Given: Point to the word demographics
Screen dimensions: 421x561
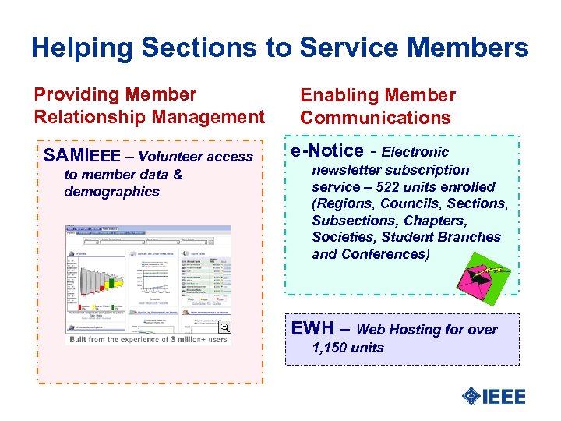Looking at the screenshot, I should [111, 192].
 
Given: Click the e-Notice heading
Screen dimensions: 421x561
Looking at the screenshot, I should [326, 150].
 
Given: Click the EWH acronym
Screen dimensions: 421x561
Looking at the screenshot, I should [313, 328].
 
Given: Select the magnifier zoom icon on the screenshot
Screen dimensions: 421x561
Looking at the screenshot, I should [224, 328].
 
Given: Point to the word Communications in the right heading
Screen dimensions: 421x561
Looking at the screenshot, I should [376, 118].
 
